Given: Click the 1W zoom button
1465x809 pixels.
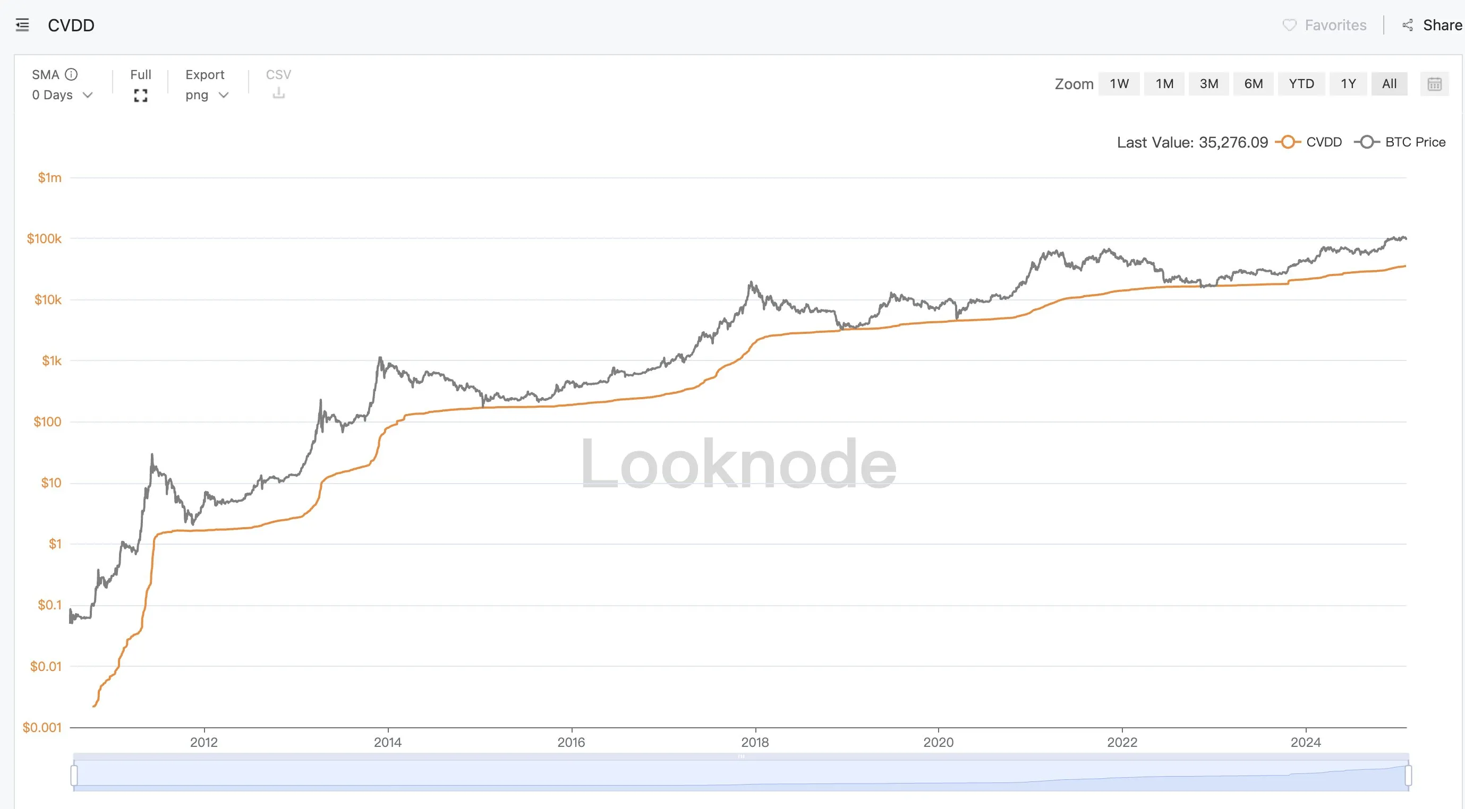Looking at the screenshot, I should coord(1119,83).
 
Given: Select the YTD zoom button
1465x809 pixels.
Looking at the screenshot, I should coord(1301,83).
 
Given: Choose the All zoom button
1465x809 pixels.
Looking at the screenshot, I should coord(1389,83).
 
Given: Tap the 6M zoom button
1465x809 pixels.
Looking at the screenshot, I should coord(1253,83).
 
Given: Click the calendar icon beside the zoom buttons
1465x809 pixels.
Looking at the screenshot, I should coord(1434,84).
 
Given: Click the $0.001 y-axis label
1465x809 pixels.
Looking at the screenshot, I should coord(41,727).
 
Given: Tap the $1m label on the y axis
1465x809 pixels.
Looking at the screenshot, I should coord(49,177).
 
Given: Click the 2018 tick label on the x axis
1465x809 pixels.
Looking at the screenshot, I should coord(754,742).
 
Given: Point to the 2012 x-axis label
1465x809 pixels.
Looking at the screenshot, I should coord(203,742).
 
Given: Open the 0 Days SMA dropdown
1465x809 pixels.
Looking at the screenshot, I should coord(62,95).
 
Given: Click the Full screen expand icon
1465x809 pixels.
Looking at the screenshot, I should coord(140,96).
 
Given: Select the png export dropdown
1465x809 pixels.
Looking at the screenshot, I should coord(207,95).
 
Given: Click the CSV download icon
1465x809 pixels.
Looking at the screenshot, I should coord(278,93).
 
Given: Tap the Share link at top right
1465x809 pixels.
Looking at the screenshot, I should coord(1442,25).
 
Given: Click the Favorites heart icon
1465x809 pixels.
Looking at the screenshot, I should coord(1289,25).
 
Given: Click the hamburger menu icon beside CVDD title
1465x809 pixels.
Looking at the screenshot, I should coord(22,25).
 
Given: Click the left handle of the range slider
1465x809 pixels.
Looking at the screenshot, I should coord(74,775).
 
